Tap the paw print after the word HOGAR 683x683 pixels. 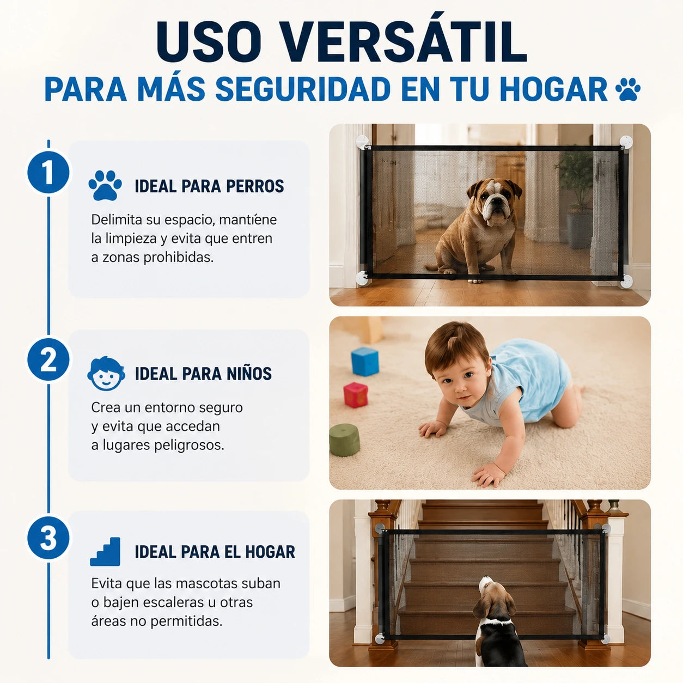(x=628, y=89)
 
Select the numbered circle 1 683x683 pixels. (x=48, y=173)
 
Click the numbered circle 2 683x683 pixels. (x=48, y=360)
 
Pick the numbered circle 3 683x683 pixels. (x=48, y=538)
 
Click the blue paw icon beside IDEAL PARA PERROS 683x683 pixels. (x=105, y=186)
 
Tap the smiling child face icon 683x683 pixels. (x=106, y=373)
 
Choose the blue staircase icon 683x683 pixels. (x=105, y=552)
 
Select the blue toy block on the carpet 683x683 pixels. (x=365, y=362)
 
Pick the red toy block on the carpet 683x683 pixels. (x=356, y=395)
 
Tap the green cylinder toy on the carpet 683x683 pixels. (x=344, y=440)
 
